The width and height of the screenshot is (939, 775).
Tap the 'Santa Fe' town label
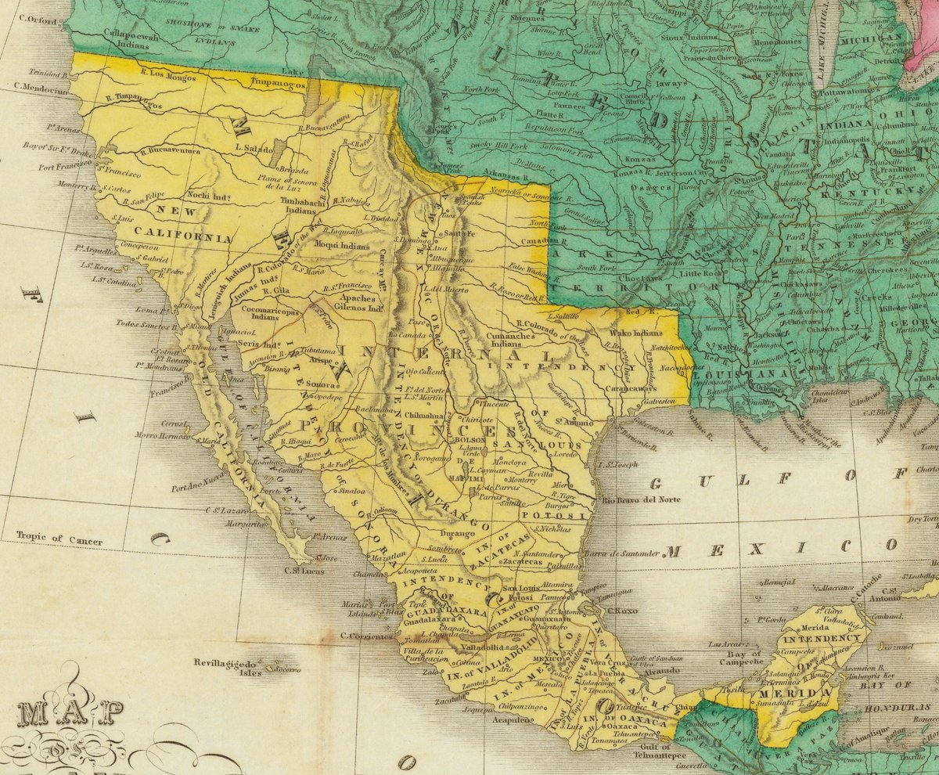click(x=459, y=234)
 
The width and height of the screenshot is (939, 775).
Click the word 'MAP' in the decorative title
click(x=71, y=713)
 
